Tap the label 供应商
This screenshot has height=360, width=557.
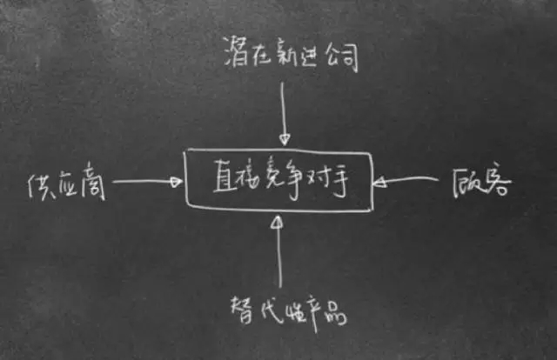[x=66, y=183]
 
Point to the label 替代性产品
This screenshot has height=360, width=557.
[x=288, y=310]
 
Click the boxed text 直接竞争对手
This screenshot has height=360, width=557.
[x=278, y=180]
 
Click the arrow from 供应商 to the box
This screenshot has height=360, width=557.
[x=148, y=183]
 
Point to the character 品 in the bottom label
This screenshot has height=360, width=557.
[x=334, y=313]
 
